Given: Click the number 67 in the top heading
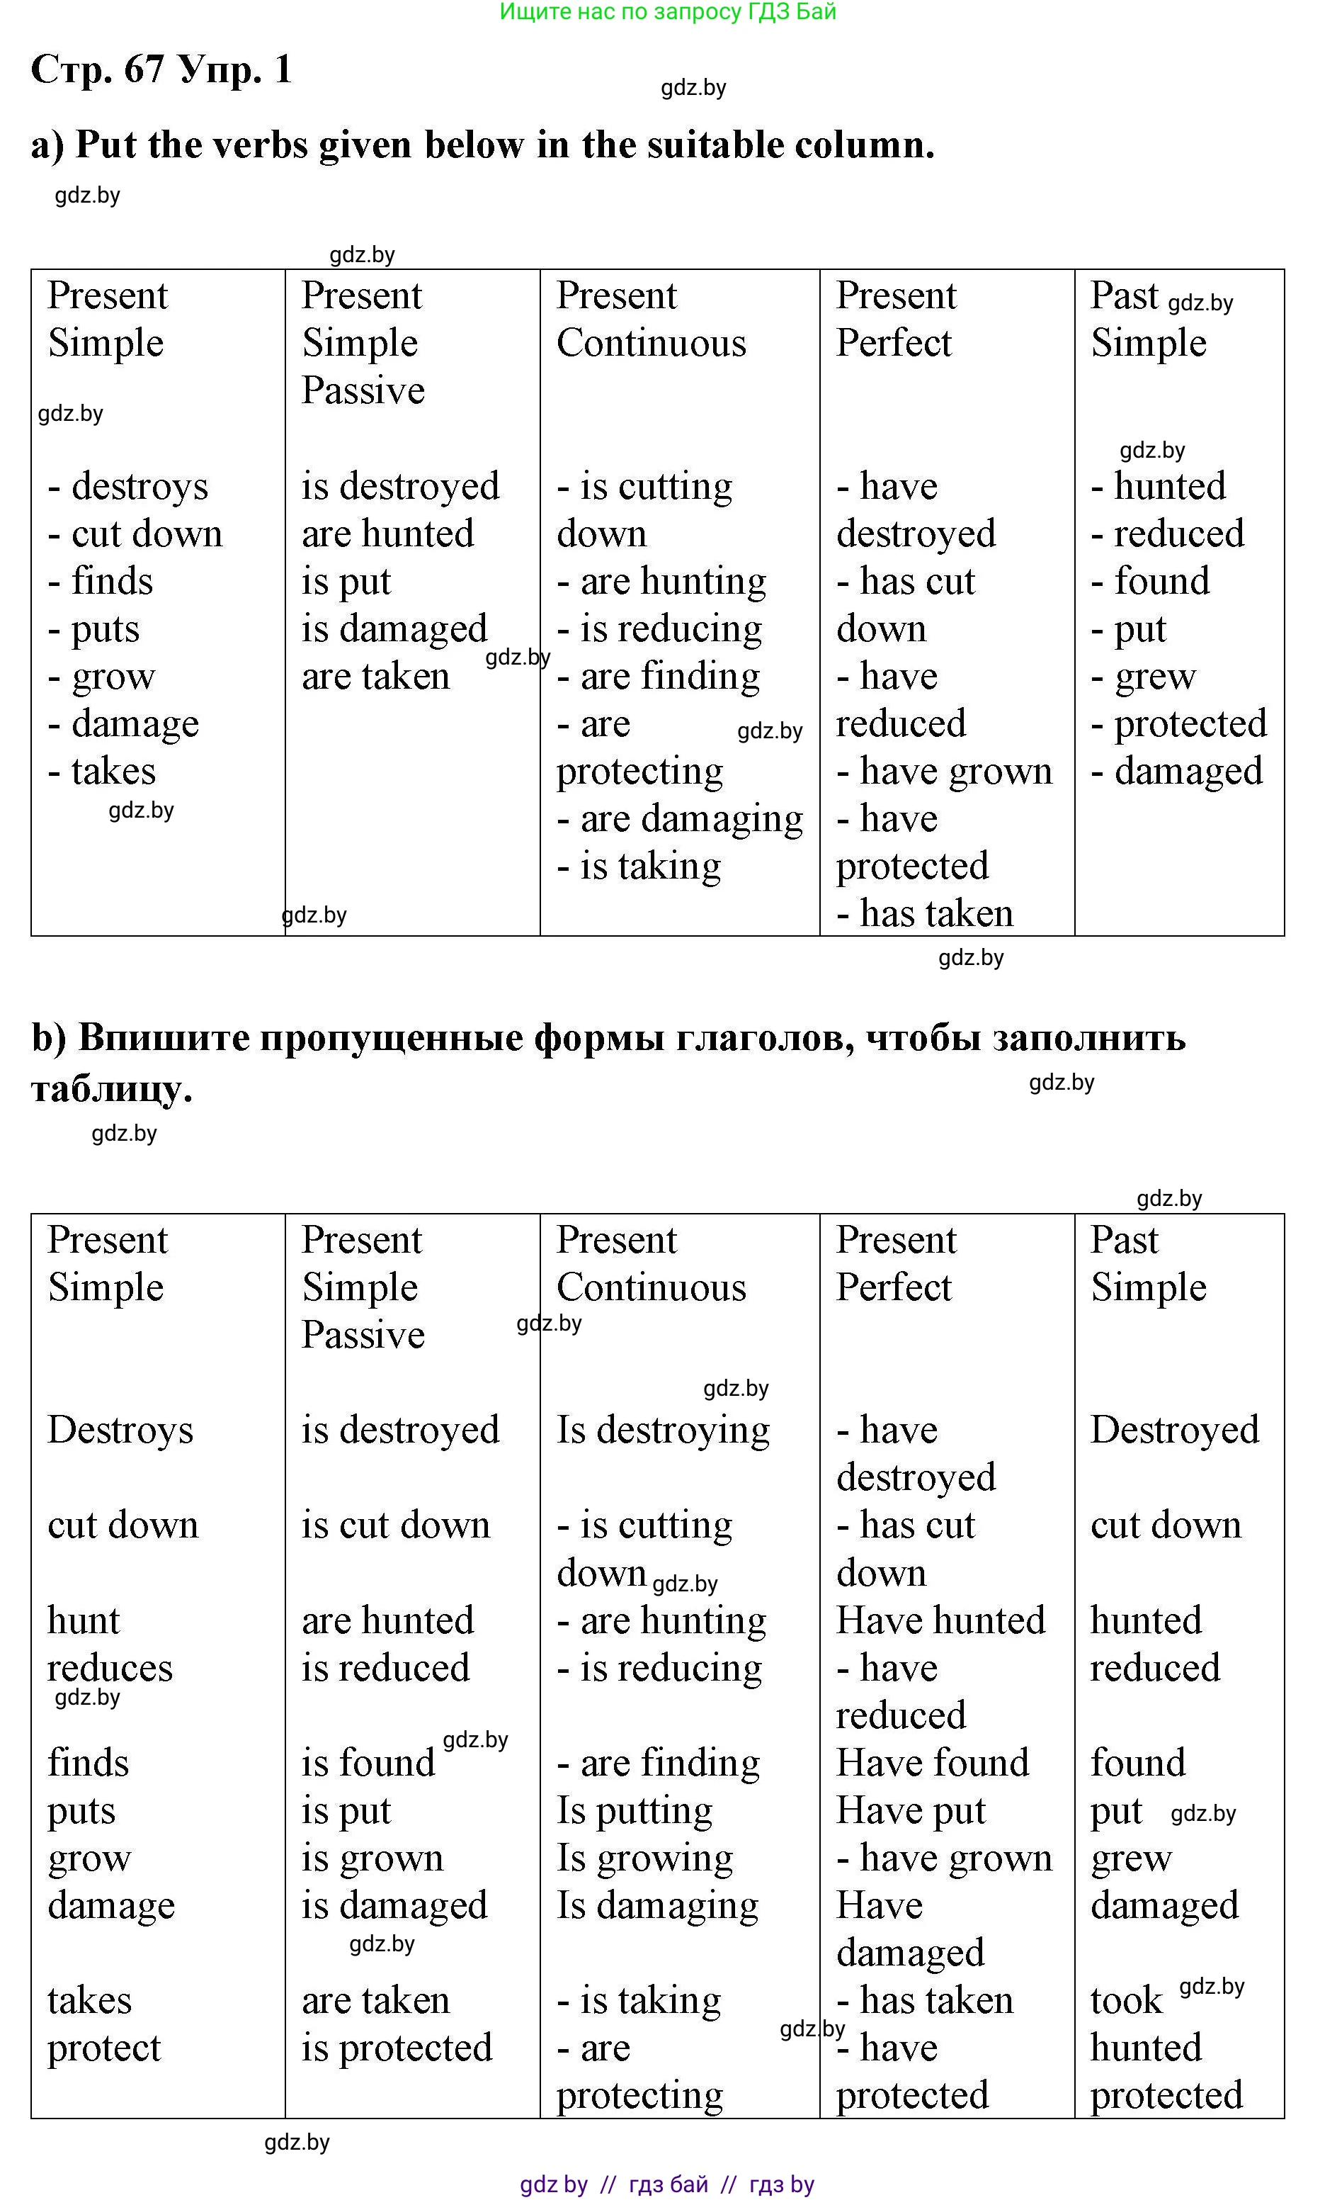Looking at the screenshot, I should [144, 69].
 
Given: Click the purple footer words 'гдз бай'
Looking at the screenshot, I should [668, 2184].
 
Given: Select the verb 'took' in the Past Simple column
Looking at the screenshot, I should [1127, 2001].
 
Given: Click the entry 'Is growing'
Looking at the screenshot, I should [644, 1858].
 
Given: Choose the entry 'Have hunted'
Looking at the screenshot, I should [940, 1620].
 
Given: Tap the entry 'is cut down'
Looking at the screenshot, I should [395, 1525].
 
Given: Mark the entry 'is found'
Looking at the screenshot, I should [368, 1764].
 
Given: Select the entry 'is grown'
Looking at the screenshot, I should [372, 1858].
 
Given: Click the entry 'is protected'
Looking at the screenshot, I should [397, 2048].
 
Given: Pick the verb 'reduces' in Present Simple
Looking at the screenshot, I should [110, 1668].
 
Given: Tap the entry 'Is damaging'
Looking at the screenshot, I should [658, 1905].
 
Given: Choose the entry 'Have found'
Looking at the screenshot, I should [933, 1764].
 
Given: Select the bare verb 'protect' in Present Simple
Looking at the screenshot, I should [103, 2048].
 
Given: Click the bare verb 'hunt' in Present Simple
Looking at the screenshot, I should [83, 1620].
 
